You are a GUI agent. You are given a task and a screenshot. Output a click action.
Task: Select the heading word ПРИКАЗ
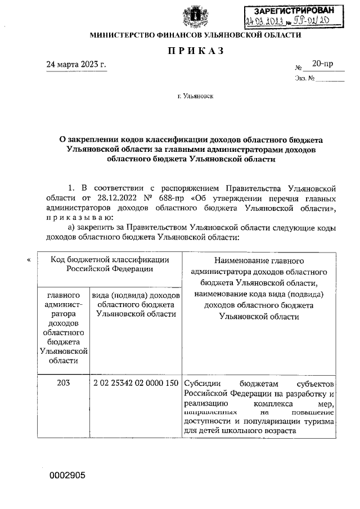coord(195,51)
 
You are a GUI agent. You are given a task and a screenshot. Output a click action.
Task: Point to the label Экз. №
coord(304,79)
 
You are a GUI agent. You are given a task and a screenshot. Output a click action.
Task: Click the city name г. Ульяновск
coord(195,96)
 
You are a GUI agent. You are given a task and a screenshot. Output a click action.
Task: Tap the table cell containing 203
coord(63,383)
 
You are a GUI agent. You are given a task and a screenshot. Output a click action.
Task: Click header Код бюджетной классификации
coord(109,264)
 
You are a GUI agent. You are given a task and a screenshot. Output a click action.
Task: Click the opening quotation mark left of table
coord(29,259)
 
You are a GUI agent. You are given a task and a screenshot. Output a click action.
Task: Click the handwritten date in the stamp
coord(263,22)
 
